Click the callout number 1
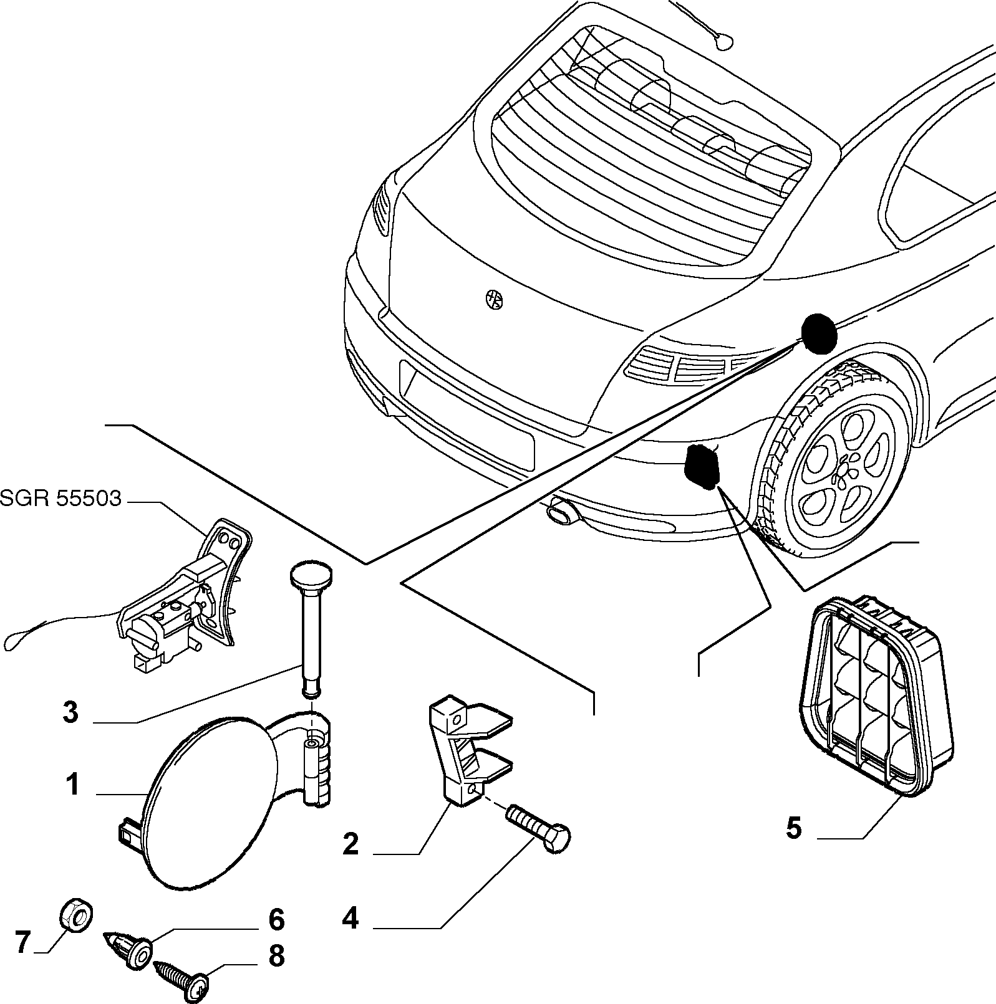pos(73,785)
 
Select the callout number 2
pos(351,844)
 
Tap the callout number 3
pos(70,712)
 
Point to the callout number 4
pos(351,918)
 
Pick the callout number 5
pos(793,828)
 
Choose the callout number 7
pos(23,943)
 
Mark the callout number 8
pos(276,955)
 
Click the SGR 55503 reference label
pos(60,498)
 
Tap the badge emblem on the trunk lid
pos(495,300)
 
